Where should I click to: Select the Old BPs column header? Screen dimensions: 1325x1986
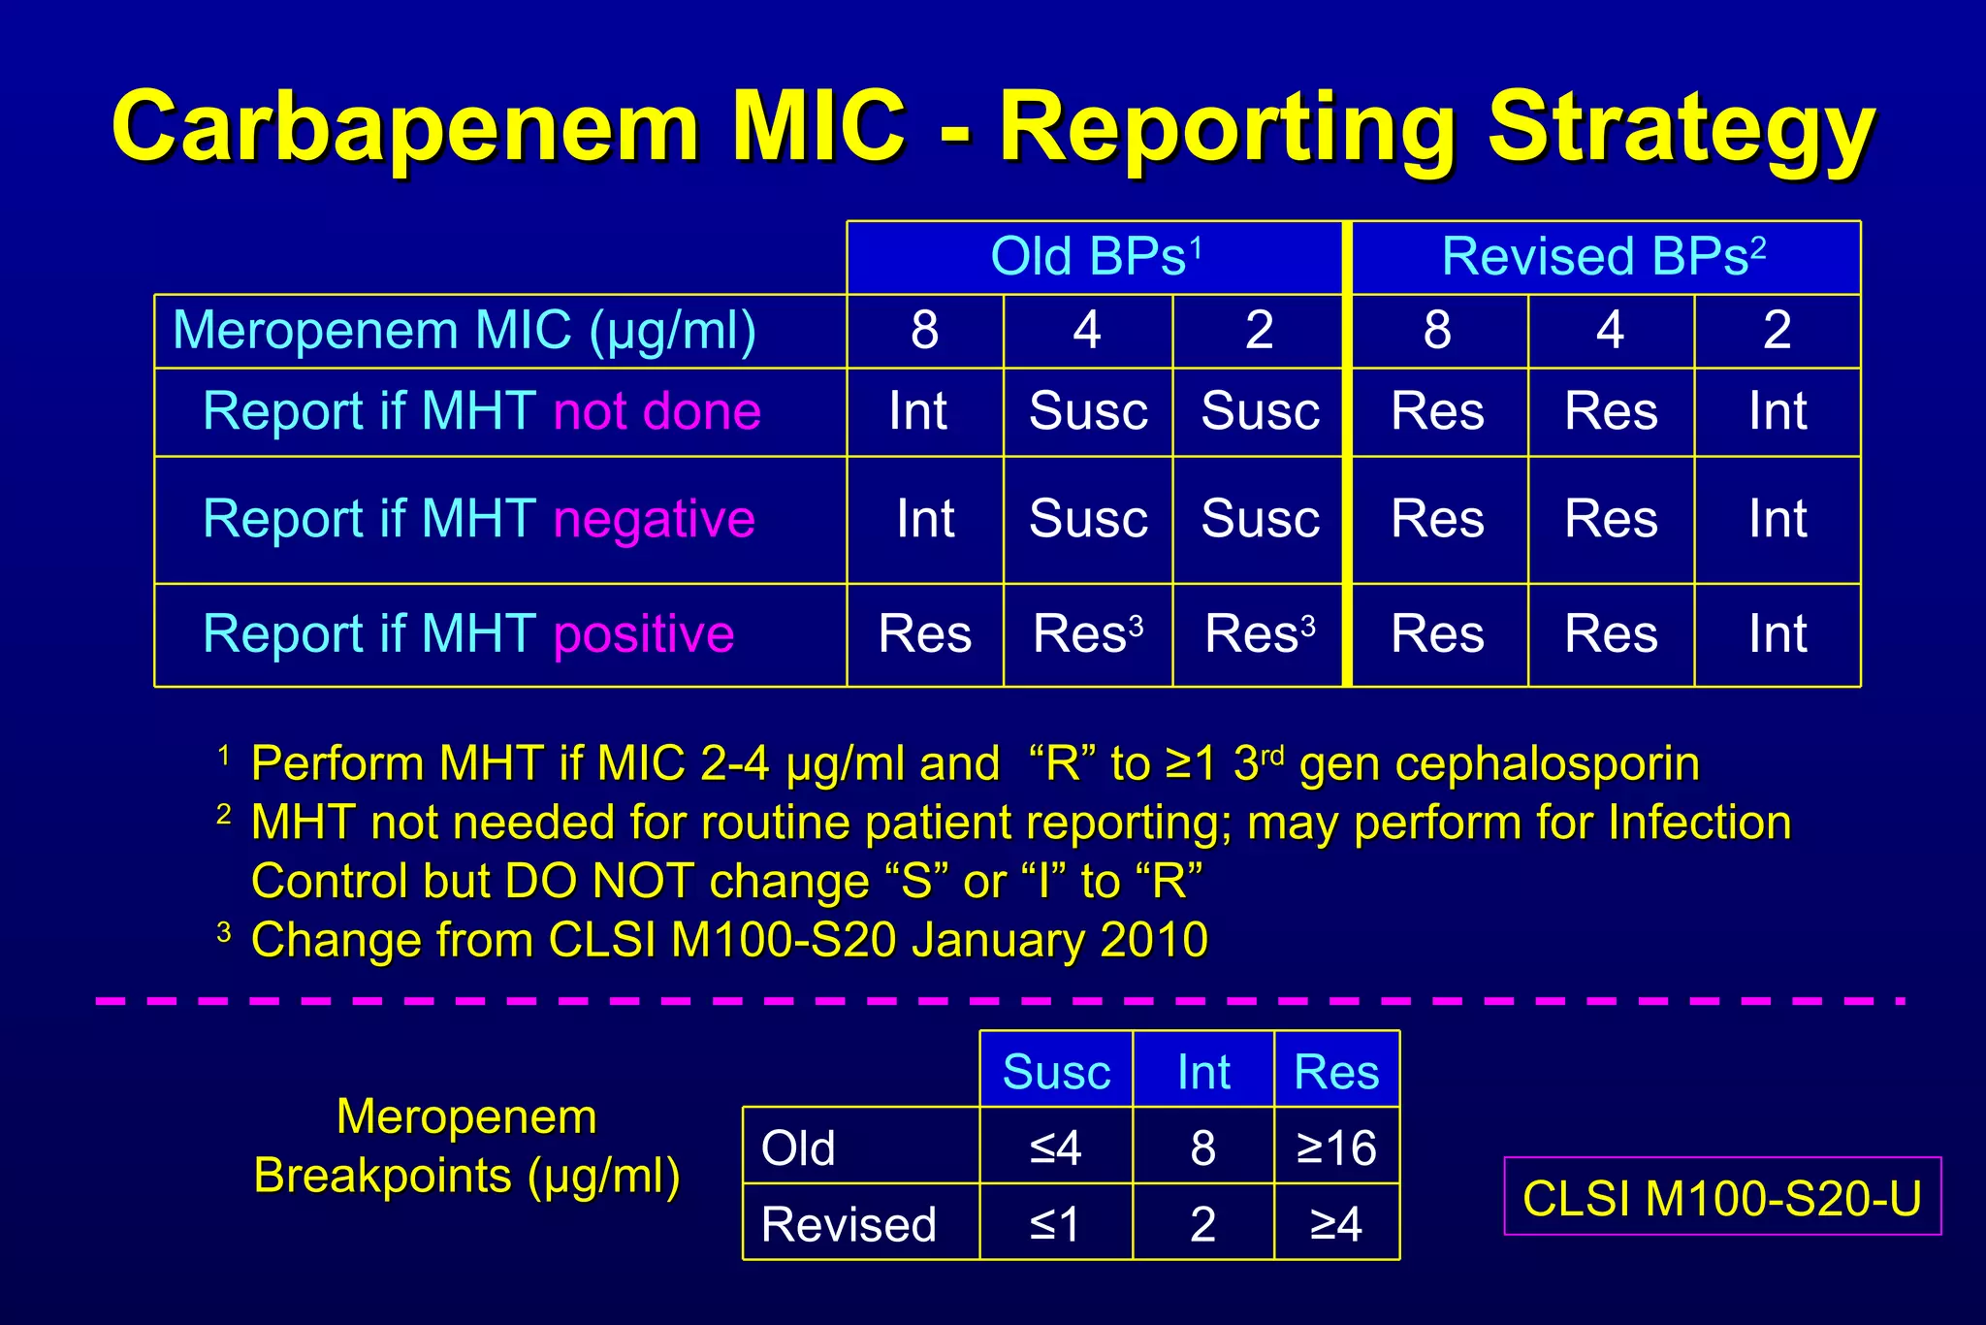tap(1096, 258)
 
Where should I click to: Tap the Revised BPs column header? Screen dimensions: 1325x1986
tap(1604, 258)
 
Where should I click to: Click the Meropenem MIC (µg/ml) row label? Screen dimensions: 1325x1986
tap(464, 331)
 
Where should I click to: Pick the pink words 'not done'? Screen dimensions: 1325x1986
tap(657, 411)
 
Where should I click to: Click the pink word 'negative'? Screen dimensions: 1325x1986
tap(654, 519)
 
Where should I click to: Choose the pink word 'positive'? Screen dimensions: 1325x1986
tap(644, 635)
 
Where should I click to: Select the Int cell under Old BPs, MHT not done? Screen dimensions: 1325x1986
tap(918, 411)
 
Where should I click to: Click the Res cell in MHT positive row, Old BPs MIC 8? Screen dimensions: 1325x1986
tap(924, 635)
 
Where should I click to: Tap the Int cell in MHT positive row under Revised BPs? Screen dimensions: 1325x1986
tap(1778, 635)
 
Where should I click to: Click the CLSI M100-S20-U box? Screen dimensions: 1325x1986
tap(1722, 1198)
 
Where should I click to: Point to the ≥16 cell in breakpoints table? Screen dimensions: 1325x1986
tap(1336, 1147)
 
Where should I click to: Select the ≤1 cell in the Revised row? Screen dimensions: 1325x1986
tap(1055, 1224)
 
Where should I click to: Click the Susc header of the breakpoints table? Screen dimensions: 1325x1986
tap(1056, 1072)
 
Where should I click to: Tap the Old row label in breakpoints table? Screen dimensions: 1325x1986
tap(799, 1147)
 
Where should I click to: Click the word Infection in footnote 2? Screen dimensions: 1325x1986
tap(1699, 824)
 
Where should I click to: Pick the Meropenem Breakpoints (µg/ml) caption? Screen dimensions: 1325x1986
tap(466, 1147)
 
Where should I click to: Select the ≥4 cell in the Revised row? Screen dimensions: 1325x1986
tap(1336, 1224)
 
